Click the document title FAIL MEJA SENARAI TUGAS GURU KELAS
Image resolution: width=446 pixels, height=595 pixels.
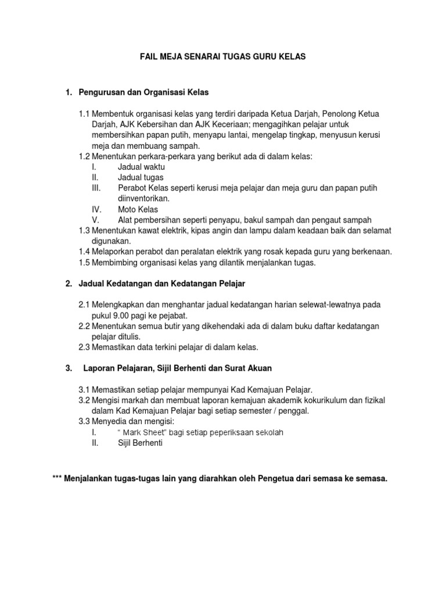click(224, 57)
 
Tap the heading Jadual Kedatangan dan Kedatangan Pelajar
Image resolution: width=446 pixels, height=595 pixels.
click(162, 283)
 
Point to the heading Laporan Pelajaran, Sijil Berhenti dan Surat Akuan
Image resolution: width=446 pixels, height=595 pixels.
click(178, 368)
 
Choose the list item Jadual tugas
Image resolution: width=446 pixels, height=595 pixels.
click(141, 177)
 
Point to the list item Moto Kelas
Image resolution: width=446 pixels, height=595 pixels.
click(138, 209)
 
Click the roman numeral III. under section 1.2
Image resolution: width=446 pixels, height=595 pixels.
click(96, 188)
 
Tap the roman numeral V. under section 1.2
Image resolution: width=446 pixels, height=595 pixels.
click(95, 220)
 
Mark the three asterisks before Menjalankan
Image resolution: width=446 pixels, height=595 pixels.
click(58, 479)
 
